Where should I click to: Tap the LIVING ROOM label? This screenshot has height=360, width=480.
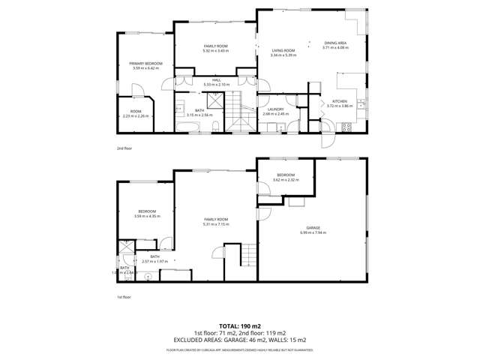coord(284,50)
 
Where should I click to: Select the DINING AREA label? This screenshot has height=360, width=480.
coord(335,43)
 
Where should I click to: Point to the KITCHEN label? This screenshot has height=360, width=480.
coord(339,101)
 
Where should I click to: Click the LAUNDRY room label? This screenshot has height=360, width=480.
coord(275,109)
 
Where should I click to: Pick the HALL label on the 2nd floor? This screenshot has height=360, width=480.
coord(215,79)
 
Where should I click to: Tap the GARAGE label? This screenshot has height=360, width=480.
coord(313,227)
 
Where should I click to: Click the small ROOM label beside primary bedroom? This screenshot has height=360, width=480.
coord(136,112)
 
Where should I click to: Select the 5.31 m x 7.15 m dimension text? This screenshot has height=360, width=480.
coord(215,224)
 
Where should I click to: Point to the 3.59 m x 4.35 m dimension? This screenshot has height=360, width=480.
coord(145,217)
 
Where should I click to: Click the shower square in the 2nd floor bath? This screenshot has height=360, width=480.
coord(214,100)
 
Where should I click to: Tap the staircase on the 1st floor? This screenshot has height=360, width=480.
coord(245,261)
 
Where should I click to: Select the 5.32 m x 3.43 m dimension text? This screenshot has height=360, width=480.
coord(215,50)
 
